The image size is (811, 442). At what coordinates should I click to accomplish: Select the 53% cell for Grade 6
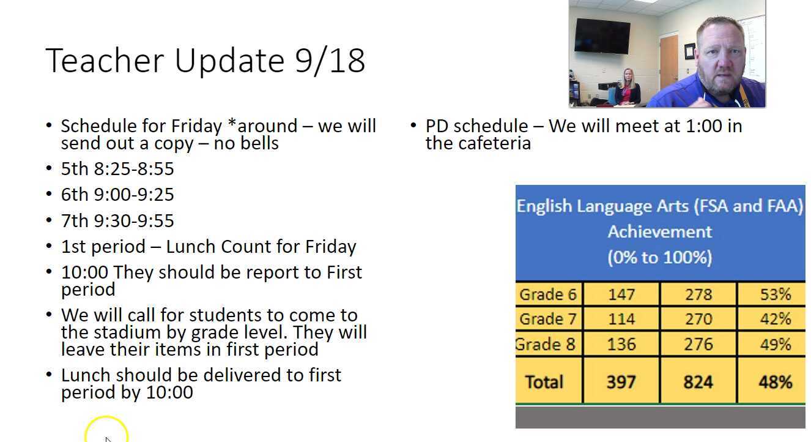[775, 294]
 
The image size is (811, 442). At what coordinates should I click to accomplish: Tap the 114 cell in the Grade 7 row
[621, 319]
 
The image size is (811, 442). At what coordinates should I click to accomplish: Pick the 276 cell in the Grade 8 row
[698, 344]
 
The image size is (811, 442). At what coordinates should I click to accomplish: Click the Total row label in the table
[544, 382]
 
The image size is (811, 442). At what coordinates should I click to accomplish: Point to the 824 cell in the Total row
[698, 382]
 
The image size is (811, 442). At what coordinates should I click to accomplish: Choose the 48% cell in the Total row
[775, 382]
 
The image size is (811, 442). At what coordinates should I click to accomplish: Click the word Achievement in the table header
[659, 231]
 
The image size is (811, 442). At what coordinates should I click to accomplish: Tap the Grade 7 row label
[547, 319]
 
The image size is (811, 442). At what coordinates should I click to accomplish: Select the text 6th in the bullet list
[75, 195]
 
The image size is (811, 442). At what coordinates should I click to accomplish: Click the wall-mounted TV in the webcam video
[602, 36]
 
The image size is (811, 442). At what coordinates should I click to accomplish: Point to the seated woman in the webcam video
[627, 88]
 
